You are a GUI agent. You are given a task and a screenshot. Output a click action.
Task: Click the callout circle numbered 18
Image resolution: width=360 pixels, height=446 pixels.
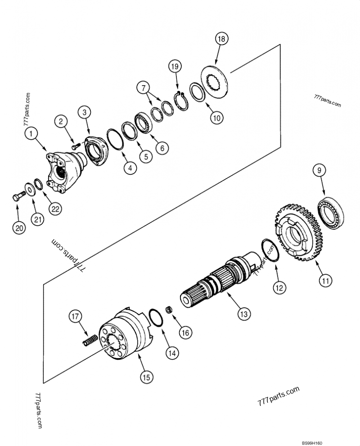tap(221, 39)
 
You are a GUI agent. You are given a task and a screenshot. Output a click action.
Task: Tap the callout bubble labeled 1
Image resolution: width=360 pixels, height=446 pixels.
tap(31, 133)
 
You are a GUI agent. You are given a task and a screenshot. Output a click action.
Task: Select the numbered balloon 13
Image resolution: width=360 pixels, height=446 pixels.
tap(244, 314)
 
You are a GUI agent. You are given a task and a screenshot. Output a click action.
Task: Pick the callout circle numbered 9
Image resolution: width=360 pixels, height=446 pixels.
tap(319, 170)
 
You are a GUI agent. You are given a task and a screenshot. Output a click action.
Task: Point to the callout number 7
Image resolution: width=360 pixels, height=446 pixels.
tap(143, 88)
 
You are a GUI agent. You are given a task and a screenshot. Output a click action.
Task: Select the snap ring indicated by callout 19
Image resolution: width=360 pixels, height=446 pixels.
tap(181, 101)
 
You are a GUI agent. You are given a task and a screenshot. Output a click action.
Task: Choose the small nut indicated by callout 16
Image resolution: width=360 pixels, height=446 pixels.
tap(170, 309)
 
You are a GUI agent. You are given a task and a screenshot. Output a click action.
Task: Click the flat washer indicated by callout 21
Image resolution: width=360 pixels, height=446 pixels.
tap(30, 189)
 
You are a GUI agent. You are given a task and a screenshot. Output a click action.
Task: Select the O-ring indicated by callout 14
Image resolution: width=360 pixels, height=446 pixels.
tap(156, 317)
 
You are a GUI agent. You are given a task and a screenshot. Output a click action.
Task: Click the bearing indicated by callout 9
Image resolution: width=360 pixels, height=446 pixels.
tap(331, 209)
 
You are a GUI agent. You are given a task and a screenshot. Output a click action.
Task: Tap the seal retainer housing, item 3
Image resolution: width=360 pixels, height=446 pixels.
tap(96, 150)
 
